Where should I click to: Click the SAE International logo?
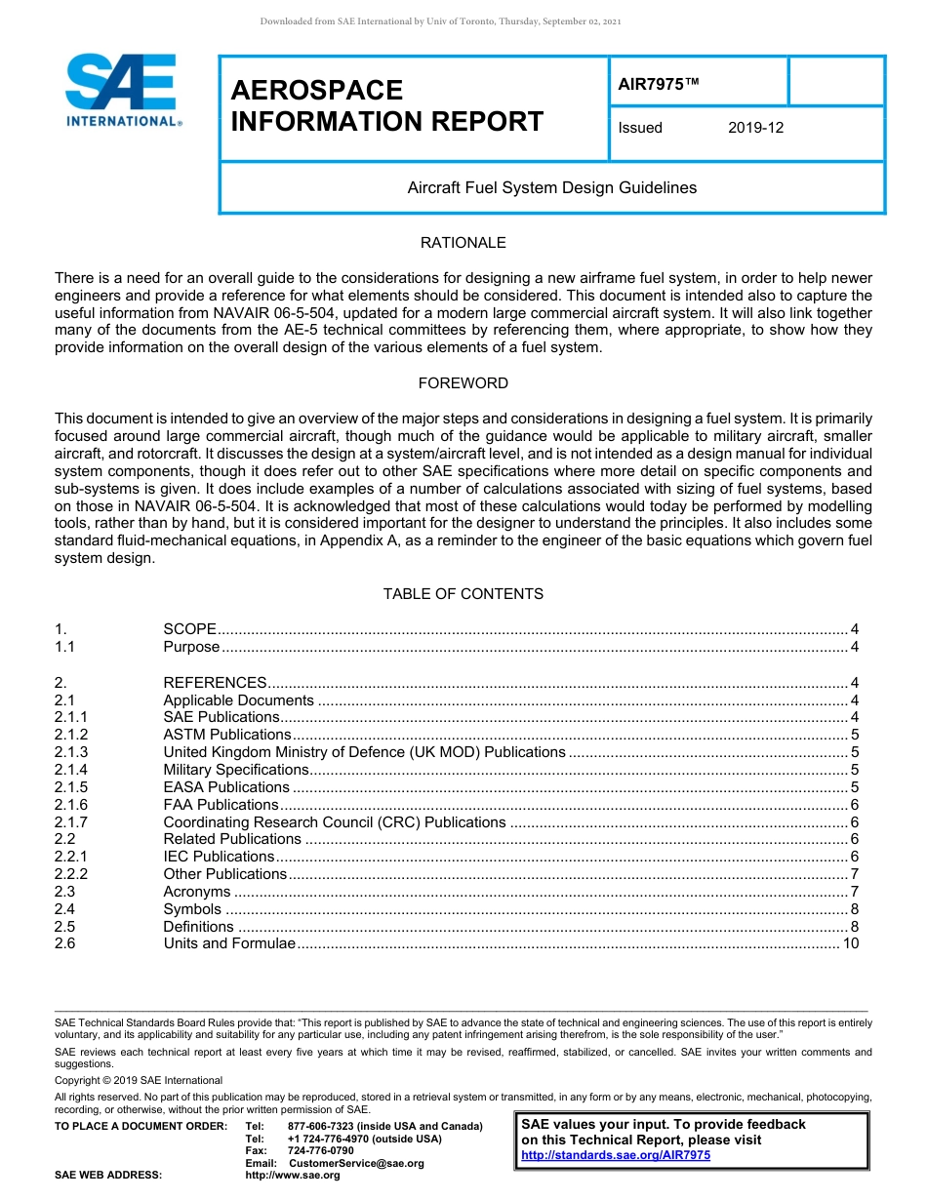(122, 90)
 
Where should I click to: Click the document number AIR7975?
(659, 85)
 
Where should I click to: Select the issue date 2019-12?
(755, 128)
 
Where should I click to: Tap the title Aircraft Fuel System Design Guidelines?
(551, 187)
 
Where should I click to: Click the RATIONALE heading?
(463, 243)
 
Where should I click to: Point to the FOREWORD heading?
(463, 383)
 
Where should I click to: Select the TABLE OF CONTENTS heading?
(463, 594)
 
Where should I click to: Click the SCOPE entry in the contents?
(189, 629)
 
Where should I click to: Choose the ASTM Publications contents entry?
(226, 735)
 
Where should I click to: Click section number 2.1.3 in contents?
(71, 752)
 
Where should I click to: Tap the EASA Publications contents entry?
(226, 787)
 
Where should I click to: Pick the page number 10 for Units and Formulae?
(850, 943)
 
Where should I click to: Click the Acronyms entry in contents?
(196, 892)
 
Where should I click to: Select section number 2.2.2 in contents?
(71, 874)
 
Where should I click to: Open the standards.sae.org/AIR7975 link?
(616, 1155)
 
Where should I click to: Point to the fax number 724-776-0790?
(321, 1151)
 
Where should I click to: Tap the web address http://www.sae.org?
(293, 1176)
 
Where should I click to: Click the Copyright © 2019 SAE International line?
(139, 1080)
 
